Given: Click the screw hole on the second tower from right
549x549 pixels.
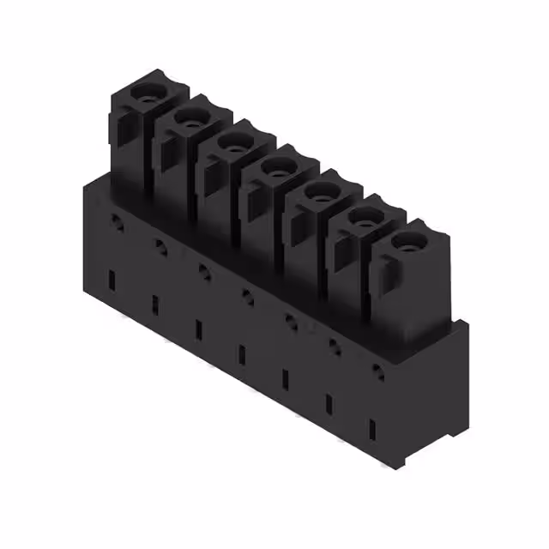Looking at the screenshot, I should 361,220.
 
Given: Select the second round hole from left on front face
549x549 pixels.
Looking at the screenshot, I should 160,246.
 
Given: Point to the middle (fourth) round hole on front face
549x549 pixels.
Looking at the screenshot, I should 249,296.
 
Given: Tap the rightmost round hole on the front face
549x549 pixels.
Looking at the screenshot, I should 377,371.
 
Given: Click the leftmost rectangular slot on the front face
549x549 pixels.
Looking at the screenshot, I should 112,279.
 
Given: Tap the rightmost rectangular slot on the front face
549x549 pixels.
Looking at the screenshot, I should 372,430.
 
